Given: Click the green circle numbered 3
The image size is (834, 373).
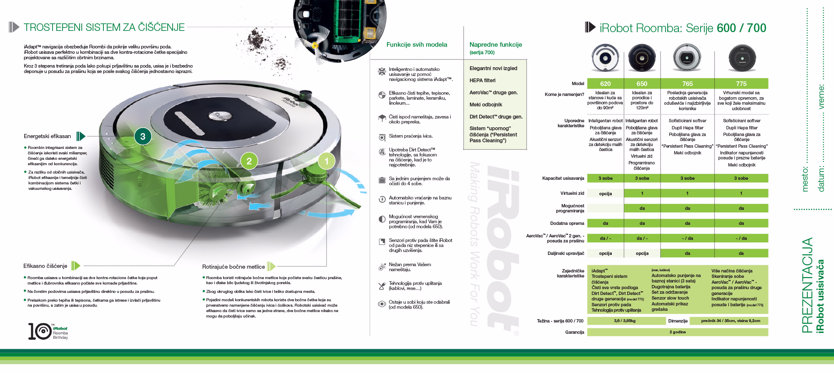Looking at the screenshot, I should click(143, 136).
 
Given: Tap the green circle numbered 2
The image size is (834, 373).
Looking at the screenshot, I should click(249, 161).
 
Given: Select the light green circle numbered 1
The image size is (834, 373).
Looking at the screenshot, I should click(327, 161).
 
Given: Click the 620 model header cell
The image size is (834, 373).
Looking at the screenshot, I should click(605, 84).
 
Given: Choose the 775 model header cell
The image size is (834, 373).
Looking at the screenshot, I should click(741, 84).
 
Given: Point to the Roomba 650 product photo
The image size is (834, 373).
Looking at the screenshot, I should click(642, 58).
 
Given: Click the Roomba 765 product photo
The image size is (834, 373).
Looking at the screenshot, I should click(687, 58).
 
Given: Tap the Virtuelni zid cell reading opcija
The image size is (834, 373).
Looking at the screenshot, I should click(605, 194).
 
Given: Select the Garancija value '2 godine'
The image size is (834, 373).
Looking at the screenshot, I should click(677, 332).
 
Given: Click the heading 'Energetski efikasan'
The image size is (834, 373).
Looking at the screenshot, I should click(47, 136).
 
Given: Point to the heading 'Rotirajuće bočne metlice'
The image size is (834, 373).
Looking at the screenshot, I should click(233, 267).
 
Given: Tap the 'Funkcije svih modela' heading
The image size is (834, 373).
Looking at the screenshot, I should click(417, 45).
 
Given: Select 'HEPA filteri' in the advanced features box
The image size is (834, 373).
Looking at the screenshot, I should click(482, 81).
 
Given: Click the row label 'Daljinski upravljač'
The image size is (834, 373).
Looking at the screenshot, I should click(565, 253).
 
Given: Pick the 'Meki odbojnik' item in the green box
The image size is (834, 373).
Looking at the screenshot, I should click(486, 105).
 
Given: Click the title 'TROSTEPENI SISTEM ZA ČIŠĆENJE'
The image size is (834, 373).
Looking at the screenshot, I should click(104, 28).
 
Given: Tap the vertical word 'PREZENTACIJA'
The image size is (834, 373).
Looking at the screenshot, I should click(807, 285).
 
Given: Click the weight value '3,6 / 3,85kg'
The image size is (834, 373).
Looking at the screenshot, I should click(625, 321).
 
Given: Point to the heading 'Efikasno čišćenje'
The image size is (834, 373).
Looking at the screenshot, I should click(45, 266).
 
